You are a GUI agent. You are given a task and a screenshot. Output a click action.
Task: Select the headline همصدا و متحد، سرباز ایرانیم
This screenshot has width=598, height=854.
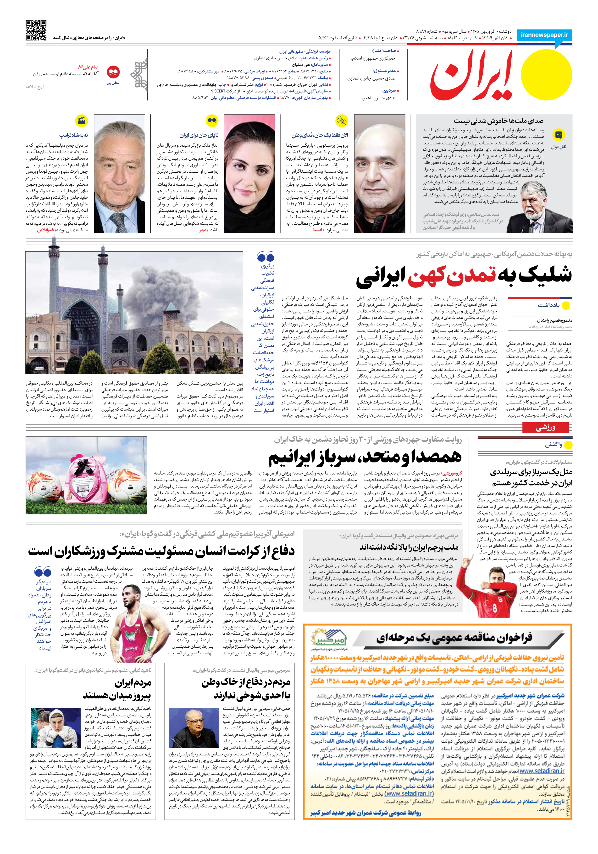click(365, 457)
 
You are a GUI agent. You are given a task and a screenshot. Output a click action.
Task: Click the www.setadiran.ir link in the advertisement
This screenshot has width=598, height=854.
click(542, 771)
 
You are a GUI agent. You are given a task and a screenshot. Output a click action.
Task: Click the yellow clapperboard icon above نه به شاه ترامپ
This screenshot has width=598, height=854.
click(81, 121)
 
